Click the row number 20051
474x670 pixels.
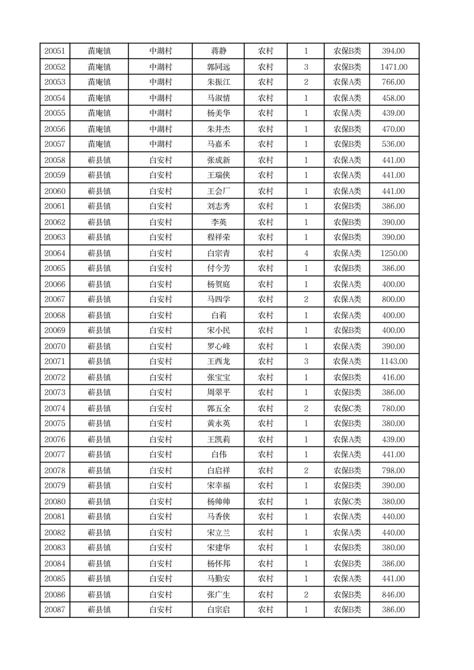click(x=54, y=51)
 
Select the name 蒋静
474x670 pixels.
click(x=218, y=51)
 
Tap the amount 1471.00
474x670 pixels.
click(x=393, y=67)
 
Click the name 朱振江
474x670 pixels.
click(x=218, y=82)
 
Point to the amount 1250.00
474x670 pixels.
click(x=393, y=253)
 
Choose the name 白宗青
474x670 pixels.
click(x=218, y=253)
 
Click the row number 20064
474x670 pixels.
click(x=54, y=253)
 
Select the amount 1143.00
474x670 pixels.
click(x=393, y=361)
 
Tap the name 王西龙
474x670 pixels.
click(x=218, y=361)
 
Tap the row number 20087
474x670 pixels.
click(x=54, y=610)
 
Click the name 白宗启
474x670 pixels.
click(x=218, y=610)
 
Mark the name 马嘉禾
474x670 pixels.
click(x=218, y=144)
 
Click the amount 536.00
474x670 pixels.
click(x=393, y=144)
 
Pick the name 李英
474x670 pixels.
click(x=218, y=222)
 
